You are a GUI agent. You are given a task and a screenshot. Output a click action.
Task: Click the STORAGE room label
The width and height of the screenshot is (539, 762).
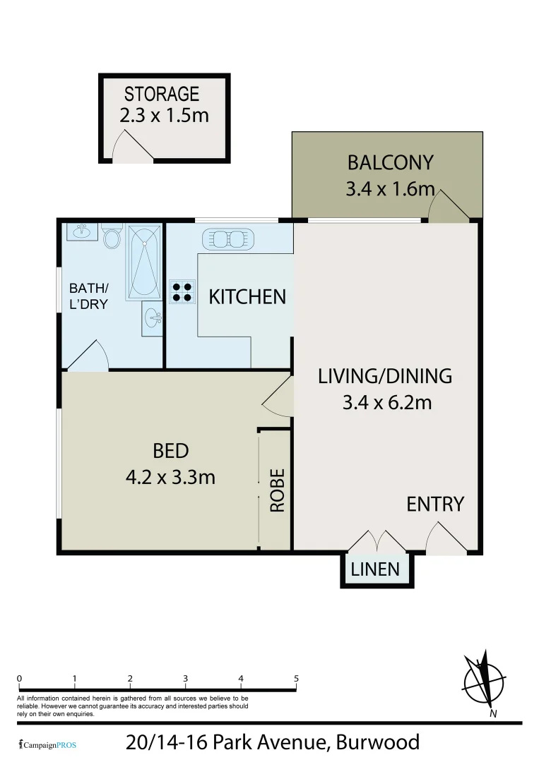coord(162,93)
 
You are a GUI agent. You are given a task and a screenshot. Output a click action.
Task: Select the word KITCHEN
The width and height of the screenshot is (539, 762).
coord(247,296)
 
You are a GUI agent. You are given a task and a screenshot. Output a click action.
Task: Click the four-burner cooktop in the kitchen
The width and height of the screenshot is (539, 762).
coord(181,291)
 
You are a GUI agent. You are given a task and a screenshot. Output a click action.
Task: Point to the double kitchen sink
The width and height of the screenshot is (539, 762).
coord(227,239)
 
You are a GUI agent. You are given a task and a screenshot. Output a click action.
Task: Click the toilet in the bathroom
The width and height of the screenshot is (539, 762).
coord(112,236)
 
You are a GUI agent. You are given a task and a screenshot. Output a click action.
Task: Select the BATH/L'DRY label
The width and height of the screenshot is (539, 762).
coord(88,296)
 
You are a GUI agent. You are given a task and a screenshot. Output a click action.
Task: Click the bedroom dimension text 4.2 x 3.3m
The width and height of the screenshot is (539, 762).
coord(170,477)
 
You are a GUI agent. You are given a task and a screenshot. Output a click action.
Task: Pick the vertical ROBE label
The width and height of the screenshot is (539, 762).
coord(277,490)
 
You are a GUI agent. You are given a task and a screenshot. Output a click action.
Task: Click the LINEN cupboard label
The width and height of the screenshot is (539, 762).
coord(375,569)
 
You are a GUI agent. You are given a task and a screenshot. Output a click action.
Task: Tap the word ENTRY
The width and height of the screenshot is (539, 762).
coord(435,504)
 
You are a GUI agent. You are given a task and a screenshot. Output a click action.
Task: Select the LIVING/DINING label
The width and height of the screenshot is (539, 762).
coord(385,376)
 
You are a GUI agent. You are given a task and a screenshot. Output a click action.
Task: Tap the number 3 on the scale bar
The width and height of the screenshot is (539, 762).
coord(185,678)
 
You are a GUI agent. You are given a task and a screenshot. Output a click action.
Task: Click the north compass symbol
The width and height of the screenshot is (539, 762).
coord(484,681)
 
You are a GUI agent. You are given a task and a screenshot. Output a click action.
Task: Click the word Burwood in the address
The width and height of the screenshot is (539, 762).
coord(377,742)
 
